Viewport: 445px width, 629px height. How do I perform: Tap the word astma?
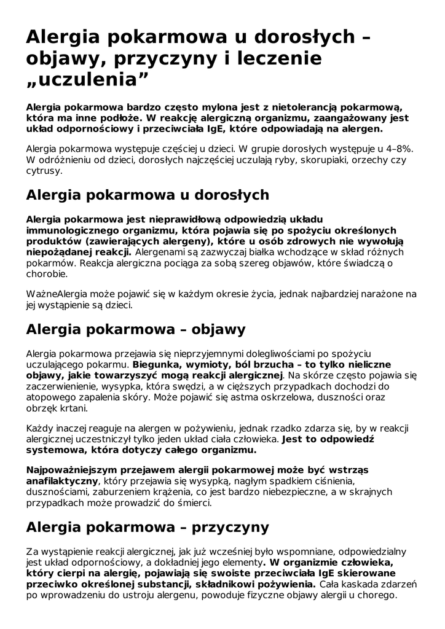click(x=222, y=397)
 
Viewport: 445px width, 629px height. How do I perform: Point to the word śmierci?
click(x=191, y=502)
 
